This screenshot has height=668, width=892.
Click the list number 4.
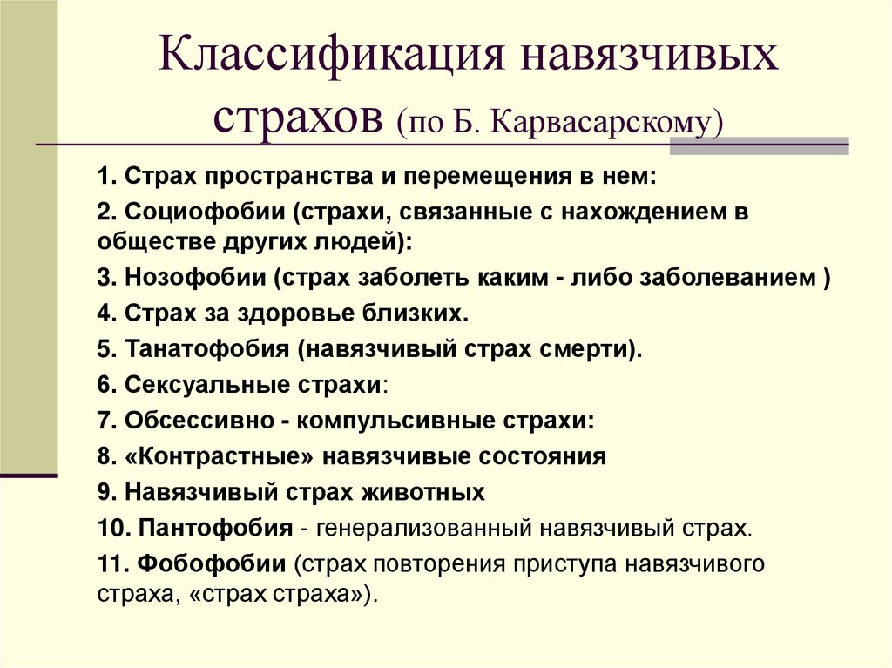pos(105,314)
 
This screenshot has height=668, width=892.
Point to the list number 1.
pos(105,176)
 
